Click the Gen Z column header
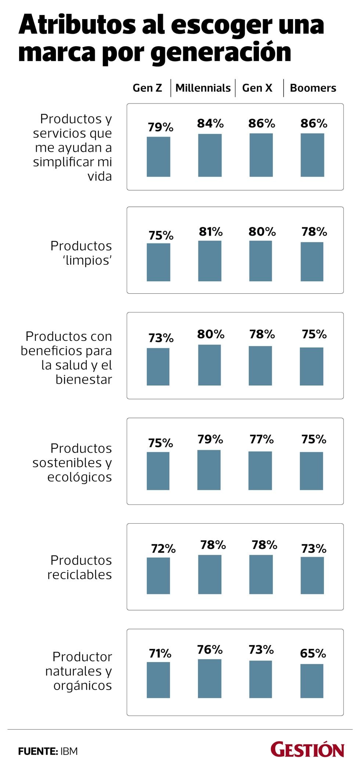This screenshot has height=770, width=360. tap(147, 88)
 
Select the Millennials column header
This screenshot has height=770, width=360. tap(203, 88)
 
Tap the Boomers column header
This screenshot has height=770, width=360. tap(313, 88)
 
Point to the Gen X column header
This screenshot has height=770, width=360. tap(257, 88)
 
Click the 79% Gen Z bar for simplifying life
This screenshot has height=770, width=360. tap(158, 157)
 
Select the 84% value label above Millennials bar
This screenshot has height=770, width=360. tap(210, 123)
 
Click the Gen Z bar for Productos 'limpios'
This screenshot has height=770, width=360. tap(158, 262)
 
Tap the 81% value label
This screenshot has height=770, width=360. tap(210, 232)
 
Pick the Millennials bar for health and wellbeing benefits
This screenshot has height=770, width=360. tap(209, 365)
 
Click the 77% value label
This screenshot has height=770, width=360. tap(262, 439)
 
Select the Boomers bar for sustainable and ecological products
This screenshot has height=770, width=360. tap(312, 471)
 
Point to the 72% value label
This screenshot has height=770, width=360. tap(163, 549)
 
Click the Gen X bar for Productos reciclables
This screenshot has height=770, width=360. tap(261, 574)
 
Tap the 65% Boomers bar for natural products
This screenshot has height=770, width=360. tap(312, 681)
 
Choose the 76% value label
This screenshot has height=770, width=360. tap(210, 650)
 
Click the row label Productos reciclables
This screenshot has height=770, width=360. tap(80, 567)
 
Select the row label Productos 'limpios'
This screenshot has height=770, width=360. tap(81, 253)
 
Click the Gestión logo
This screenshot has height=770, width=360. tap(307, 749)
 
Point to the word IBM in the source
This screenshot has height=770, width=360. tap(69, 751)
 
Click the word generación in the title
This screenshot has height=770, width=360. tap(221, 53)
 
